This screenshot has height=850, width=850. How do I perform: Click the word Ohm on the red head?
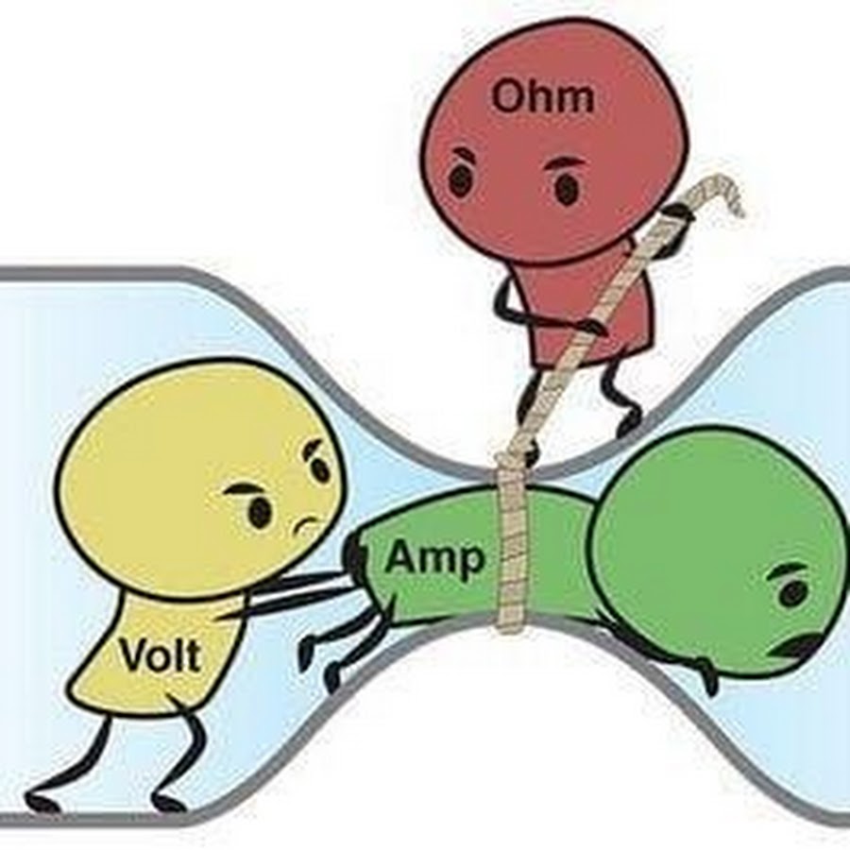click(x=544, y=96)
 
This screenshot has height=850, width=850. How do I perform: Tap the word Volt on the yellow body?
click(x=161, y=654)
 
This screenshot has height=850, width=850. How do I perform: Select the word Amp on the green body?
click(x=435, y=559)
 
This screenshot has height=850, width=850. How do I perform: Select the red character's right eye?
click(x=567, y=189)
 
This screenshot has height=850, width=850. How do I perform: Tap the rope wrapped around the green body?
click(x=511, y=548)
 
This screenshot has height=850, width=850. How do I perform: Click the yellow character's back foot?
click(x=42, y=803)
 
